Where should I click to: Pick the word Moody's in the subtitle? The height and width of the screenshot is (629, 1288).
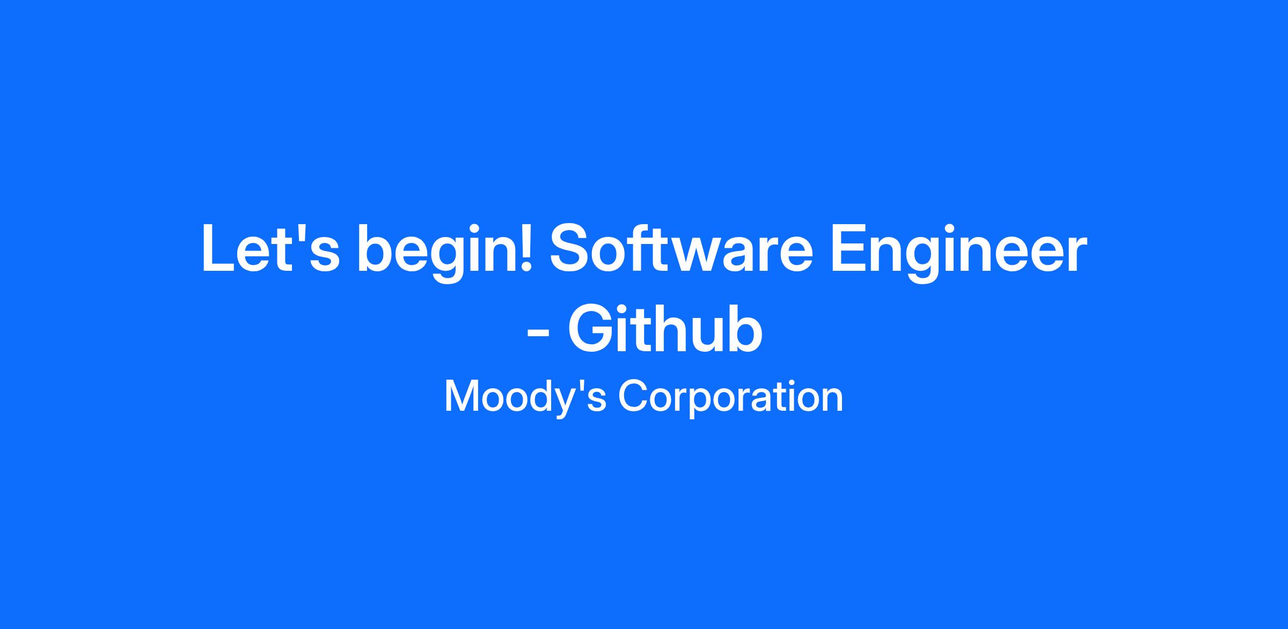[525, 398]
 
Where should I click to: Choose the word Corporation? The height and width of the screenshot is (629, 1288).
[730, 398]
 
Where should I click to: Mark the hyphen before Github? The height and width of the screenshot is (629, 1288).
[538, 335]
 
